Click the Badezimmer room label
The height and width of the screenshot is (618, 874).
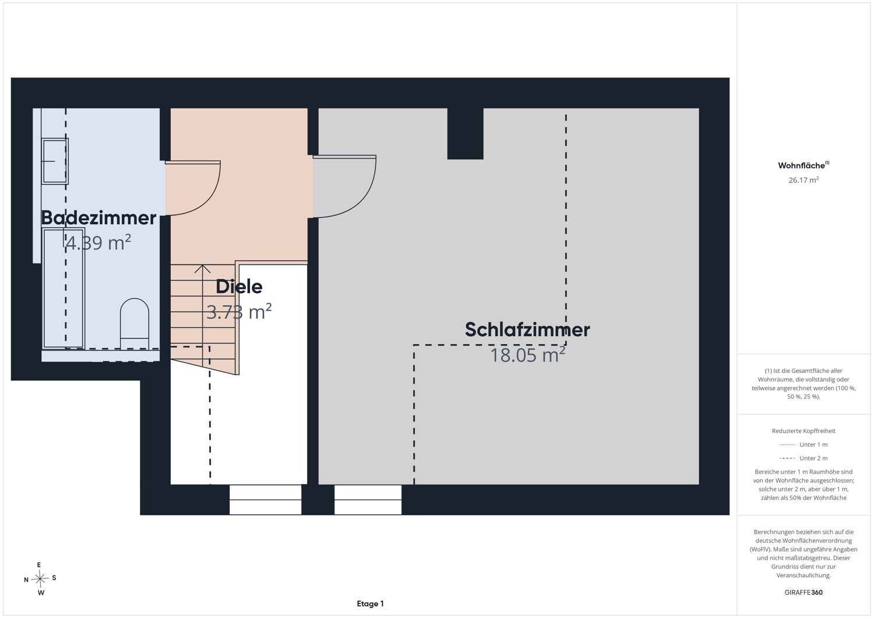pyautogui.click(x=98, y=218)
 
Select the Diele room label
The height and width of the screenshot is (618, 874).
pyautogui.click(x=239, y=287)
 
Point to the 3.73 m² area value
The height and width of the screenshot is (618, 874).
pyautogui.click(x=239, y=312)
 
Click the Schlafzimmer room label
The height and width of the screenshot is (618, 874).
pyautogui.click(x=527, y=330)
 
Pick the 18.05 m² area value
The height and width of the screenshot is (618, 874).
pyautogui.click(x=527, y=355)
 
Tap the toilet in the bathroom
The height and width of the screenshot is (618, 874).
pyautogui.click(x=135, y=324)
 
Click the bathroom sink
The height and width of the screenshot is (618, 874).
pyautogui.click(x=55, y=161)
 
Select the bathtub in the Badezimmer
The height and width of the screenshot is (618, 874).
pyautogui.click(x=63, y=288)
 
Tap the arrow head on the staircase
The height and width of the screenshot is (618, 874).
pyautogui.click(x=203, y=269)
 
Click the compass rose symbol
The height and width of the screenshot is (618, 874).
pyautogui.click(x=40, y=578)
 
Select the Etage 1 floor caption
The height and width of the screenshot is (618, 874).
pyautogui.click(x=370, y=603)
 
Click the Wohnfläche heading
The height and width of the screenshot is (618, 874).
pyautogui.click(x=803, y=165)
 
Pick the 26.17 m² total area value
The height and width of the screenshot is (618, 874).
pyautogui.click(x=803, y=180)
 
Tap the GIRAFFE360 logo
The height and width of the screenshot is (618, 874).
pyautogui.click(x=803, y=592)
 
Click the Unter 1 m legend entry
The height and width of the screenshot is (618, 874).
pyautogui.click(x=803, y=444)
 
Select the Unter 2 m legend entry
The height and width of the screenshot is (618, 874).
pyautogui.click(x=803, y=458)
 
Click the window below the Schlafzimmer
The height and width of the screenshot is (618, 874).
pyautogui.click(x=368, y=500)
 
